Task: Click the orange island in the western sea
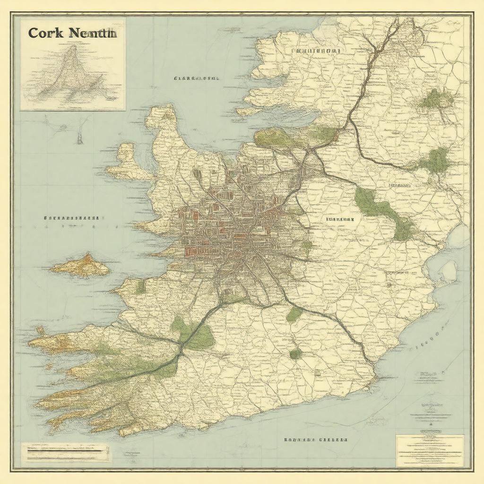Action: (81, 266)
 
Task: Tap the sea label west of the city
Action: (71, 219)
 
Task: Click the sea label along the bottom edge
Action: (315, 440)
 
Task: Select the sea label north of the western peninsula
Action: (196, 78)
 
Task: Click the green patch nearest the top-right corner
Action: (437, 99)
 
